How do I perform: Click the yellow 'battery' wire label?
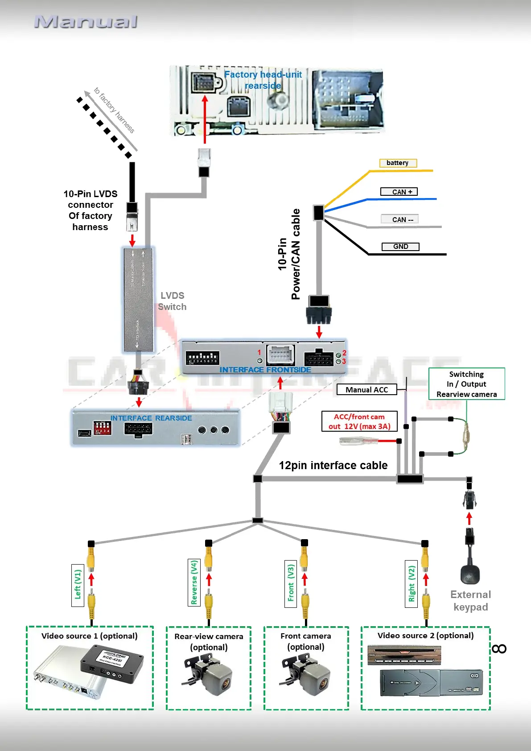(398, 163)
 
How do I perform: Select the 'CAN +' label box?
(399, 192)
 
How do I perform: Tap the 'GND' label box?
(400, 247)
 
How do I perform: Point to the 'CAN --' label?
(400, 219)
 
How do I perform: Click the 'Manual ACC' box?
(366, 390)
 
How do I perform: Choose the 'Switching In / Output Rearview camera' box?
(466, 384)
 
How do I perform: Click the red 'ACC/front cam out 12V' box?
(359, 421)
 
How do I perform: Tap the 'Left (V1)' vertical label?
(78, 585)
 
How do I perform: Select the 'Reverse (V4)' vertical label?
(194, 582)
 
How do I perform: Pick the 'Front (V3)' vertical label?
(291, 583)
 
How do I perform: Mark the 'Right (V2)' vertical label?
(412, 583)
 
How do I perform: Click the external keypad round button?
(470, 574)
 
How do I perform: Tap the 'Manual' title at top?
(86, 21)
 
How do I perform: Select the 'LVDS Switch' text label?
(172, 301)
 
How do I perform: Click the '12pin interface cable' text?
(333, 466)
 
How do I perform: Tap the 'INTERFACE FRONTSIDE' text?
(265, 370)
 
